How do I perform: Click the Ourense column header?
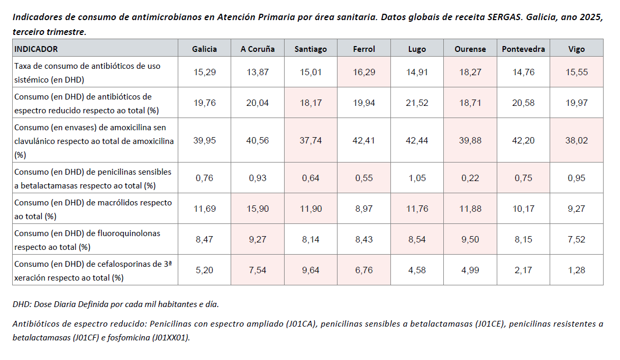470,49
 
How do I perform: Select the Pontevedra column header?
523,49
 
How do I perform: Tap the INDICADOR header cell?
36,49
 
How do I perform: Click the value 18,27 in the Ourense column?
470,72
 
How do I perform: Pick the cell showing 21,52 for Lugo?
417,103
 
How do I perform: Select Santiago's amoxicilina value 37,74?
311,140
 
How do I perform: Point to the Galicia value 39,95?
205,140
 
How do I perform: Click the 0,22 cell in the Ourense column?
470,178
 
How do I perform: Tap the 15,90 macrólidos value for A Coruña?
258,209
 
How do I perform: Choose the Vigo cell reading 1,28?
576,270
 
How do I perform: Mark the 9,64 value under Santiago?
311,270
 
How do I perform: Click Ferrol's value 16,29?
364,72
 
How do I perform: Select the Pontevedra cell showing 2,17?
523,270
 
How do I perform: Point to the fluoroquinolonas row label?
87,239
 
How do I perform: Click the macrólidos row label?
93,209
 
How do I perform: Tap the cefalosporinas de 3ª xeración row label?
93,270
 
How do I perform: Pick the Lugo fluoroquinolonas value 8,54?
417,239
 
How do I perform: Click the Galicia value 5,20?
205,270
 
